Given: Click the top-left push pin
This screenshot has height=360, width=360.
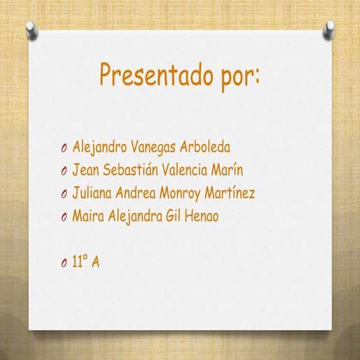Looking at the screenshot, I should click(x=31, y=28).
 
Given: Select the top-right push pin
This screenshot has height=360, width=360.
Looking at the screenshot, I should click(x=329, y=28).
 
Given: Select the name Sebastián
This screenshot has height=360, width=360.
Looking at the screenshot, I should click(x=130, y=169).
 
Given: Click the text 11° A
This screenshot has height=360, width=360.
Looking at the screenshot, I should click(x=85, y=262).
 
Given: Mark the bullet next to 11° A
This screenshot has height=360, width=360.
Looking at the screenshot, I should click(x=64, y=263).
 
